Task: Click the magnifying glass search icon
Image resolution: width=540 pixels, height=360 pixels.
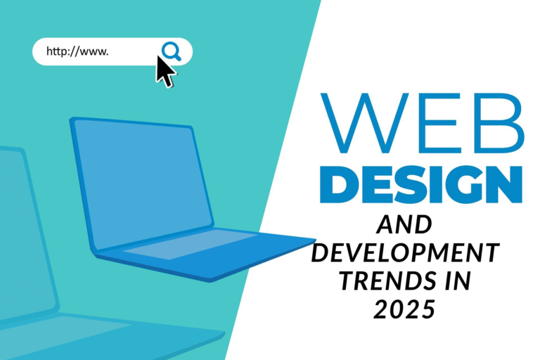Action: pos(171,50)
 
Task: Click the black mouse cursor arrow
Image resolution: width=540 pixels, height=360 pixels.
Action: pos(165,72)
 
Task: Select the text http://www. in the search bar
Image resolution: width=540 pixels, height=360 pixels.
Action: pos(77,51)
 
